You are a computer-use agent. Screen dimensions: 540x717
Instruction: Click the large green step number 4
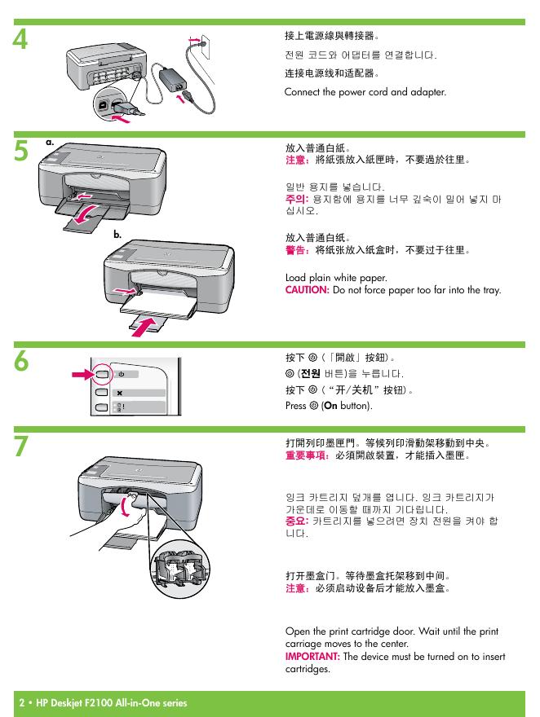tap(20, 39)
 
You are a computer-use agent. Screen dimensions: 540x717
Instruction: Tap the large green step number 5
tap(21, 151)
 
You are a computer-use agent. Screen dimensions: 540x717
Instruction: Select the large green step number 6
tap(21, 361)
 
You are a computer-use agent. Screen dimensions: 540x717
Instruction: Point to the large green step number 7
tap(21, 446)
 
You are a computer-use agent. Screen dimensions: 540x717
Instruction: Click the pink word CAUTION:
tap(307, 290)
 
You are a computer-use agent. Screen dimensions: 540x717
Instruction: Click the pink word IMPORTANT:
tap(312, 657)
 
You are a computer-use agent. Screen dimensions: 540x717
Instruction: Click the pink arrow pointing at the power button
tap(82, 375)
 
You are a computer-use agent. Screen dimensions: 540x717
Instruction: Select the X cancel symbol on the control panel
tap(119, 393)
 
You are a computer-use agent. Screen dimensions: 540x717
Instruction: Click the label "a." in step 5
tap(50, 143)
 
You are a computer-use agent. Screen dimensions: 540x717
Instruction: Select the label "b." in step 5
tap(117, 235)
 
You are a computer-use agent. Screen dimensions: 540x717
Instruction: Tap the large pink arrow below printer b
tap(144, 328)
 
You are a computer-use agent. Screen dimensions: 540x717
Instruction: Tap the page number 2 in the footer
tap(22, 703)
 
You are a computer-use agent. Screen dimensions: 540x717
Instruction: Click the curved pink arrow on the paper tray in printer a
tap(85, 215)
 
